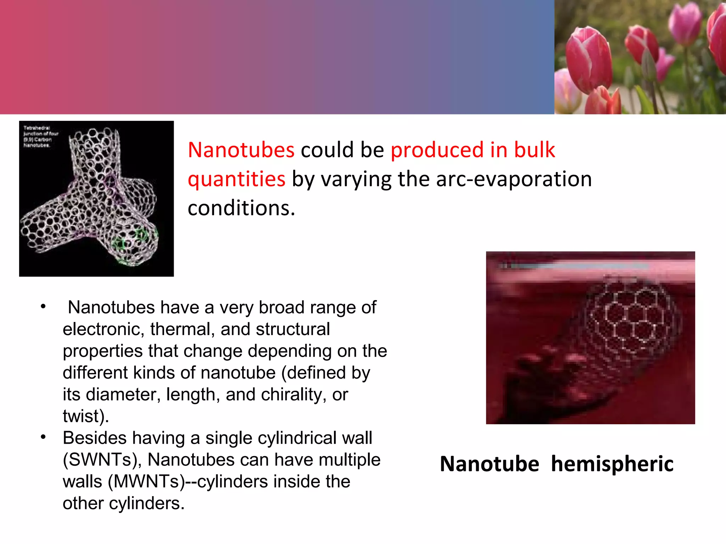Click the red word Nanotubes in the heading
tap(241, 150)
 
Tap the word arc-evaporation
tap(514, 179)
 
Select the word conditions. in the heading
tap(241, 208)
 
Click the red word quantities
tap(236, 179)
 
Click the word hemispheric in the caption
tap(612, 464)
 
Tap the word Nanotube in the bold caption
tap(489, 464)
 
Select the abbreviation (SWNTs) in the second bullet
tap(102, 460)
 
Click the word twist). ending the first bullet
tap(85, 416)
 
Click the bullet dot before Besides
tap(43, 437)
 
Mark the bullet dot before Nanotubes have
tap(43, 307)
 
